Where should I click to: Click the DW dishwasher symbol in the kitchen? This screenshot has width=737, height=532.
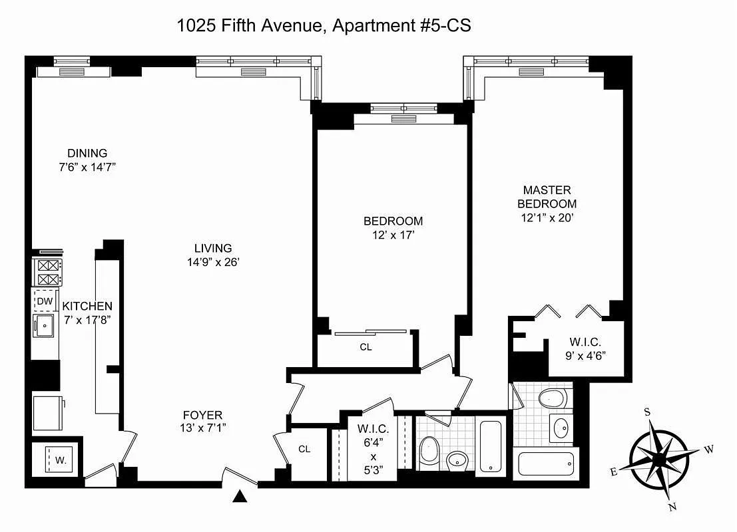(x=45, y=301)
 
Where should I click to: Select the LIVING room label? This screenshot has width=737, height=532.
(x=213, y=248)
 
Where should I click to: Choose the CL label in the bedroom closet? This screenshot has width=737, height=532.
(x=366, y=346)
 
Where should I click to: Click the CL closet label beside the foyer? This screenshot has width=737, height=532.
(x=304, y=449)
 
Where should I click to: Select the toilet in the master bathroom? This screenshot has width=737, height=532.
(x=551, y=398)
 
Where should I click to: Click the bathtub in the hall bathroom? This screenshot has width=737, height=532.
(x=491, y=446)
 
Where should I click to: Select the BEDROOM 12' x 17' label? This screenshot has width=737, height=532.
(x=393, y=227)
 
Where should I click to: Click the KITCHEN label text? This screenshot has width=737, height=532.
(x=87, y=306)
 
